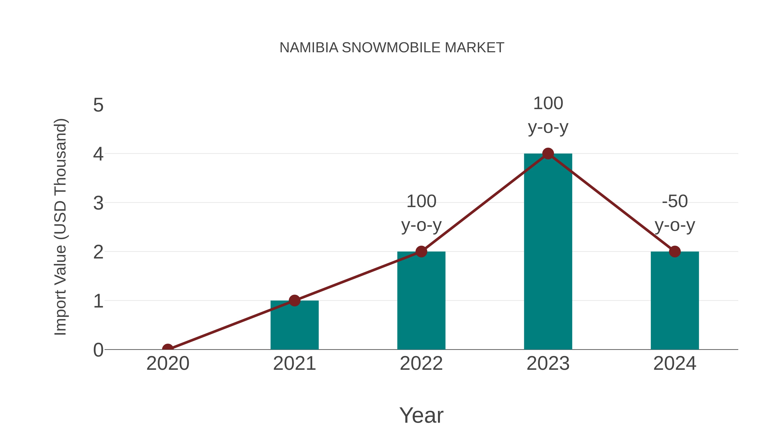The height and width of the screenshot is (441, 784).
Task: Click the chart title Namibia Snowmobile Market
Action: (392, 48)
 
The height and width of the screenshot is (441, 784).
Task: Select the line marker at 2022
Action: (421, 252)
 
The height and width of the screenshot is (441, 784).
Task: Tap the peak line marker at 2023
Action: (548, 154)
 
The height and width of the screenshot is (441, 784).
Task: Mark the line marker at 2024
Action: (675, 252)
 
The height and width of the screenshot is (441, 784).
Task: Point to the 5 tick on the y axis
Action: (98, 105)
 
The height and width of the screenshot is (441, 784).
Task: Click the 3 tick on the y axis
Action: (98, 203)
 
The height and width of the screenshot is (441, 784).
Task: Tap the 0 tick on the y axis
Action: (98, 350)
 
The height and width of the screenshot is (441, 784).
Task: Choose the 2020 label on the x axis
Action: (168, 363)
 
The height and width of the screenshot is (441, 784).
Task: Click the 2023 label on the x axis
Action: (548, 363)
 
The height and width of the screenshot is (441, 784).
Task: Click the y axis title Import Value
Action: (60, 227)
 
